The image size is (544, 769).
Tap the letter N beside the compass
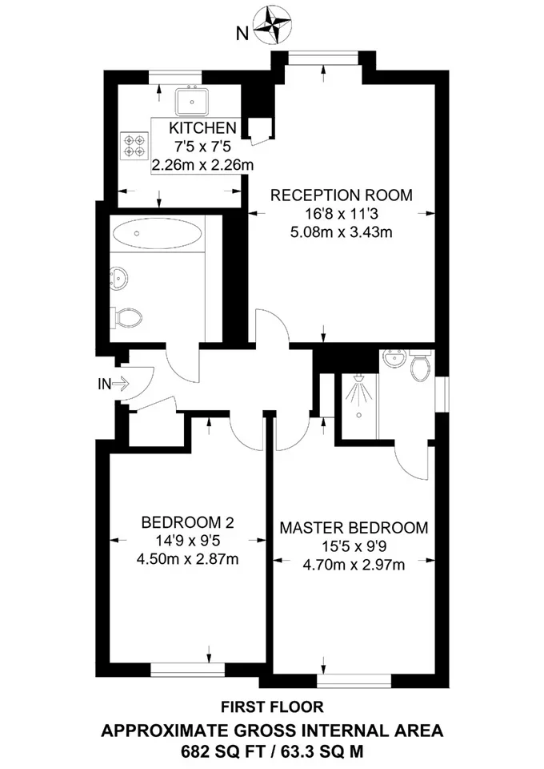(x=242, y=34)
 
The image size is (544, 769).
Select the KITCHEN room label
(x=202, y=128)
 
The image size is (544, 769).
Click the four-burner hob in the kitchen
(x=134, y=146)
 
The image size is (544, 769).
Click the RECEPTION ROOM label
(x=342, y=195)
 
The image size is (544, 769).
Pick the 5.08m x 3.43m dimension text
(x=342, y=232)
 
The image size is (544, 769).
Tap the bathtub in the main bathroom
(x=156, y=233)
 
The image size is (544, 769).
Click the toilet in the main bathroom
(x=126, y=318)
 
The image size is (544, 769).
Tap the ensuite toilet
(x=420, y=365)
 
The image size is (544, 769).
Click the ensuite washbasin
(x=395, y=358)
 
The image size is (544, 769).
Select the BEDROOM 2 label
(x=187, y=522)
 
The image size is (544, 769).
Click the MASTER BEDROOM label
(x=354, y=528)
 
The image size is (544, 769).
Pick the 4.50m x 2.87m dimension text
(x=187, y=559)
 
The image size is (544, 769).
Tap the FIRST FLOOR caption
(x=272, y=707)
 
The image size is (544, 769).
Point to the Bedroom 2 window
(x=187, y=670)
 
